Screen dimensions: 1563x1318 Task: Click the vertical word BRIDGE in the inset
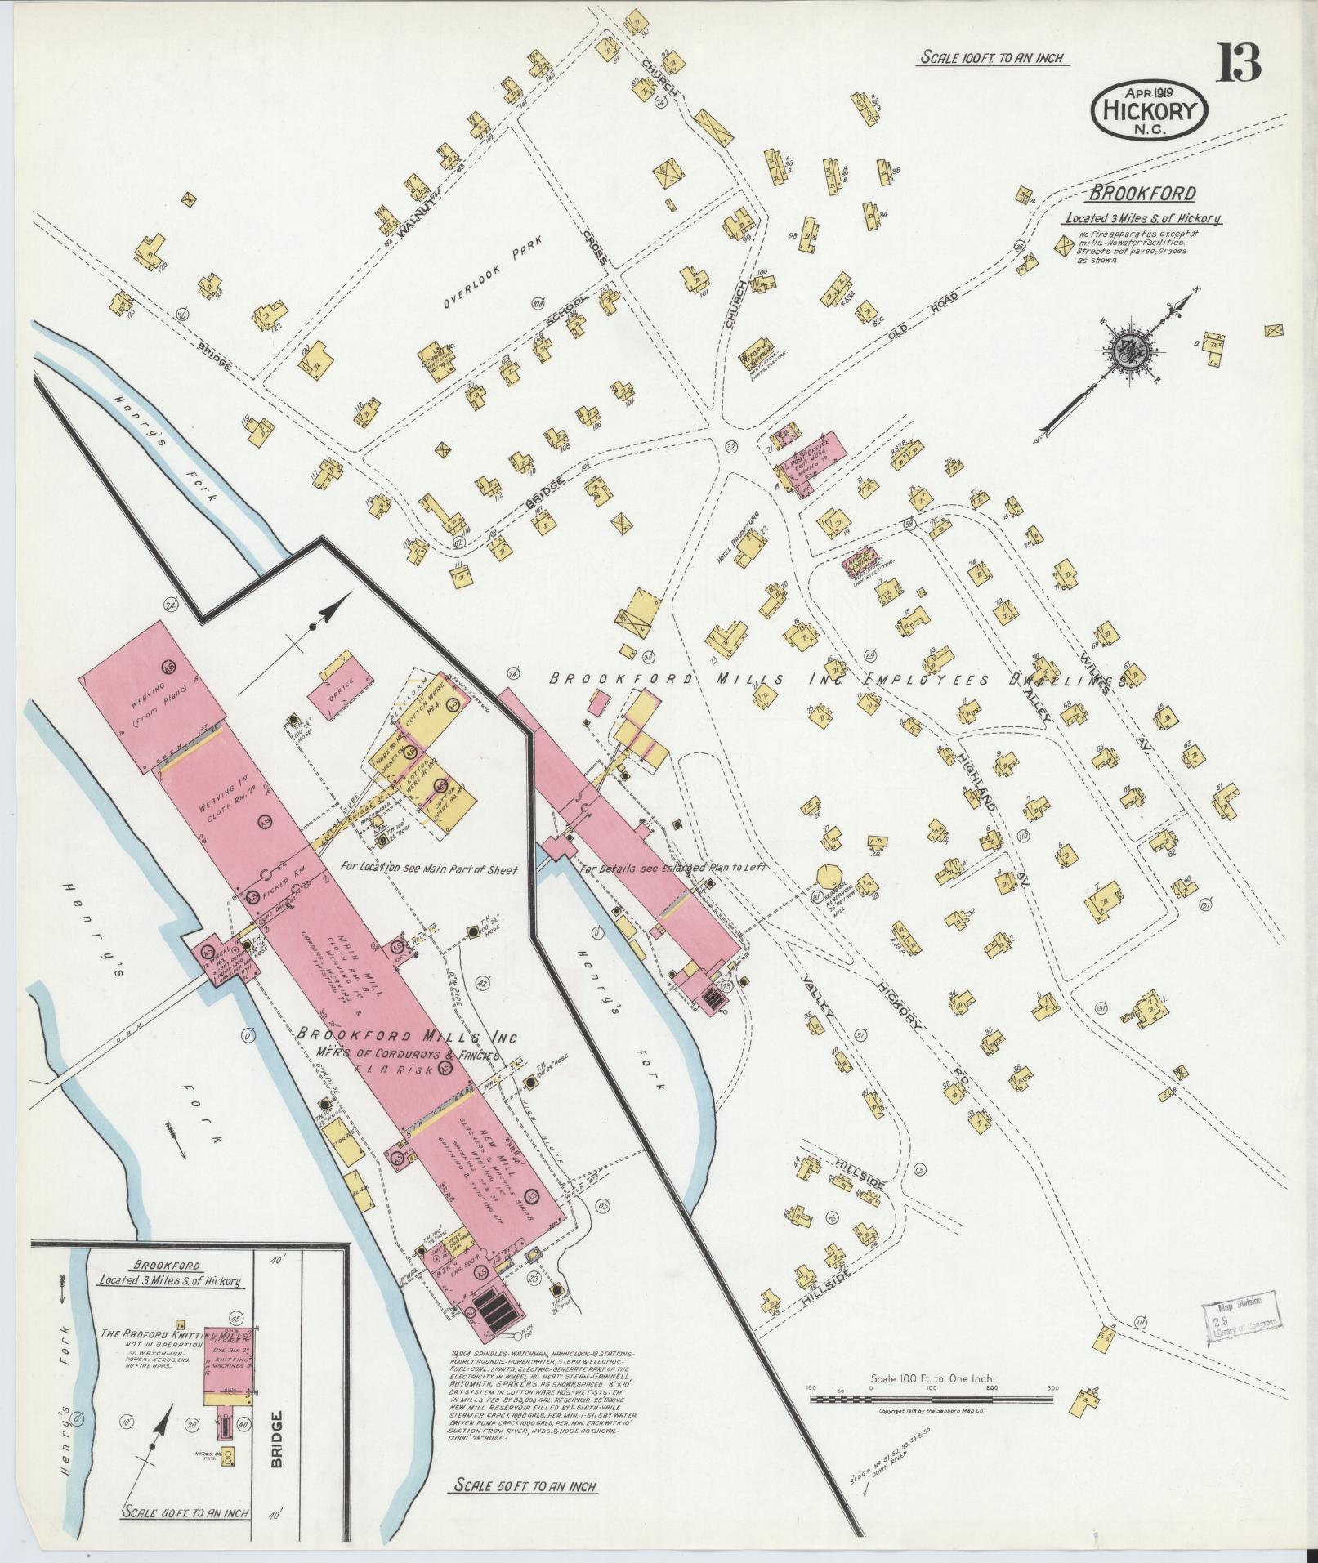point(278,1439)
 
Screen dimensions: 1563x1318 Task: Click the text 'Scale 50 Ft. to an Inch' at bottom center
point(524,1485)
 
